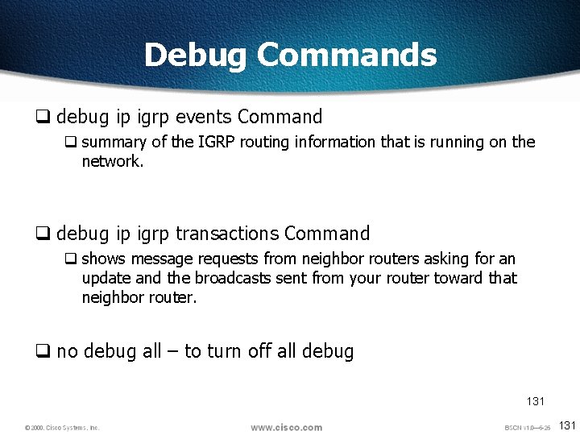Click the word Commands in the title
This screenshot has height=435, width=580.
tap(346, 55)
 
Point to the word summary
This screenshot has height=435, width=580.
tap(114, 143)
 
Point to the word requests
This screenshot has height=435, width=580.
tap(224, 259)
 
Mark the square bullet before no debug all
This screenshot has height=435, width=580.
tap(43, 352)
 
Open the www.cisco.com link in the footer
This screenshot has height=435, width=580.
tap(286, 427)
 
